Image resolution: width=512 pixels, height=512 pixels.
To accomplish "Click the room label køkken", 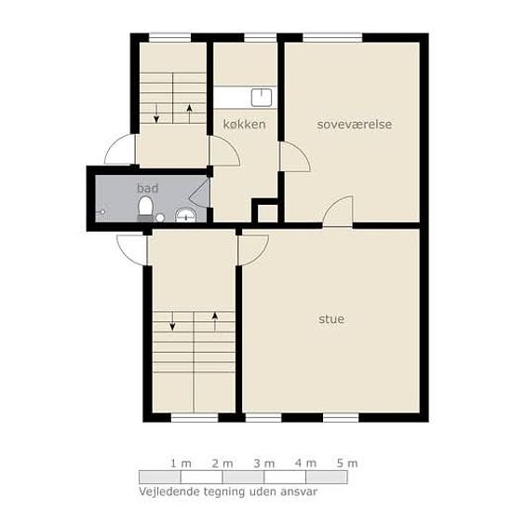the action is (244, 125).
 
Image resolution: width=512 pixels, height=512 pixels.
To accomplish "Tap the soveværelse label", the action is (355, 125).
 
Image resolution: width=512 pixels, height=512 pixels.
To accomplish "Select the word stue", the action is (331, 318).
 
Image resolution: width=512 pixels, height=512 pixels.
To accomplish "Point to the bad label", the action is (148, 188).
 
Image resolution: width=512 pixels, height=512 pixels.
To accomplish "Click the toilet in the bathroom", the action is (145, 209).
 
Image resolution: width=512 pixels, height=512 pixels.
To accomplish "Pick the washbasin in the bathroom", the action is (186, 215).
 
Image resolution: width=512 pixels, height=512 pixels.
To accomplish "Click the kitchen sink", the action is (262, 98).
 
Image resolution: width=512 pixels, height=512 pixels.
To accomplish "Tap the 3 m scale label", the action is (264, 464).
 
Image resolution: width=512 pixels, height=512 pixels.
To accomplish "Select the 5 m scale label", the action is (347, 464).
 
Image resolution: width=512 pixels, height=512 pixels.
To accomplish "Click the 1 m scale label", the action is (181, 464).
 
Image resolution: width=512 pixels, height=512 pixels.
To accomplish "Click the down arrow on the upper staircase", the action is (156, 114).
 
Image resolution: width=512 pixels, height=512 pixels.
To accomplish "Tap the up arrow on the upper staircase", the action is (189, 114).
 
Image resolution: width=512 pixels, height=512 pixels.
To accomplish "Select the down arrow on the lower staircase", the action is (172, 321).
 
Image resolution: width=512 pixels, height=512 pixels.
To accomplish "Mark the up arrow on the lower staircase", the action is (215, 321).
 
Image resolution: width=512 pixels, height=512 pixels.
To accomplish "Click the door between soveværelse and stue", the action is (338, 211).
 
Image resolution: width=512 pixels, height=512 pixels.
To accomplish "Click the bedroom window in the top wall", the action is (332, 37).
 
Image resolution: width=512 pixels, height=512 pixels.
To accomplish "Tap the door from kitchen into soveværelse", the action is (294, 156).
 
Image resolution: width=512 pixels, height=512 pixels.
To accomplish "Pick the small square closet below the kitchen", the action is (268, 213).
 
